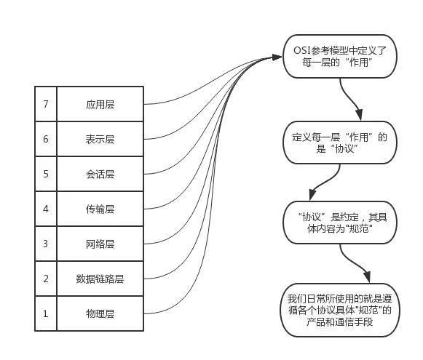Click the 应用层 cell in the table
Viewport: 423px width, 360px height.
tap(100, 104)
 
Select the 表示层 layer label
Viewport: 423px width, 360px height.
tap(100, 139)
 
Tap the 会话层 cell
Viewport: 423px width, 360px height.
tap(100, 174)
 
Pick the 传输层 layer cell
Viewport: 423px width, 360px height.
tap(100, 209)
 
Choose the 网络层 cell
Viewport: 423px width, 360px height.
tap(100, 244)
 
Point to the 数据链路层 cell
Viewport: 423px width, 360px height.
tap(100, 279)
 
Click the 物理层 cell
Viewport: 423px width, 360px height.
tap(100, 313)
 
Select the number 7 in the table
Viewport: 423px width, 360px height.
tap(45, 104)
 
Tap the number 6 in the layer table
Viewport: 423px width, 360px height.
tap(45, 139)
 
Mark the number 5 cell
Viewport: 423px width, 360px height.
tap(45, 174)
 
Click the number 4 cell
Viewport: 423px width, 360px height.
tap(45, 209)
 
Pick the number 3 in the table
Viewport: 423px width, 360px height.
tap(45, 244)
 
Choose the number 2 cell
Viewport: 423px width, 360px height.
tap(45, 279)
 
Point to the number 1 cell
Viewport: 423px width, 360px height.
tap(45, 313)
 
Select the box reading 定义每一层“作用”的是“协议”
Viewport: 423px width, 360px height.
tap(340, 143)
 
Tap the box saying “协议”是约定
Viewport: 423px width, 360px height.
tap(340, 223)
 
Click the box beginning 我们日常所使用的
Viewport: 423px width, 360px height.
tap(340, 310)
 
